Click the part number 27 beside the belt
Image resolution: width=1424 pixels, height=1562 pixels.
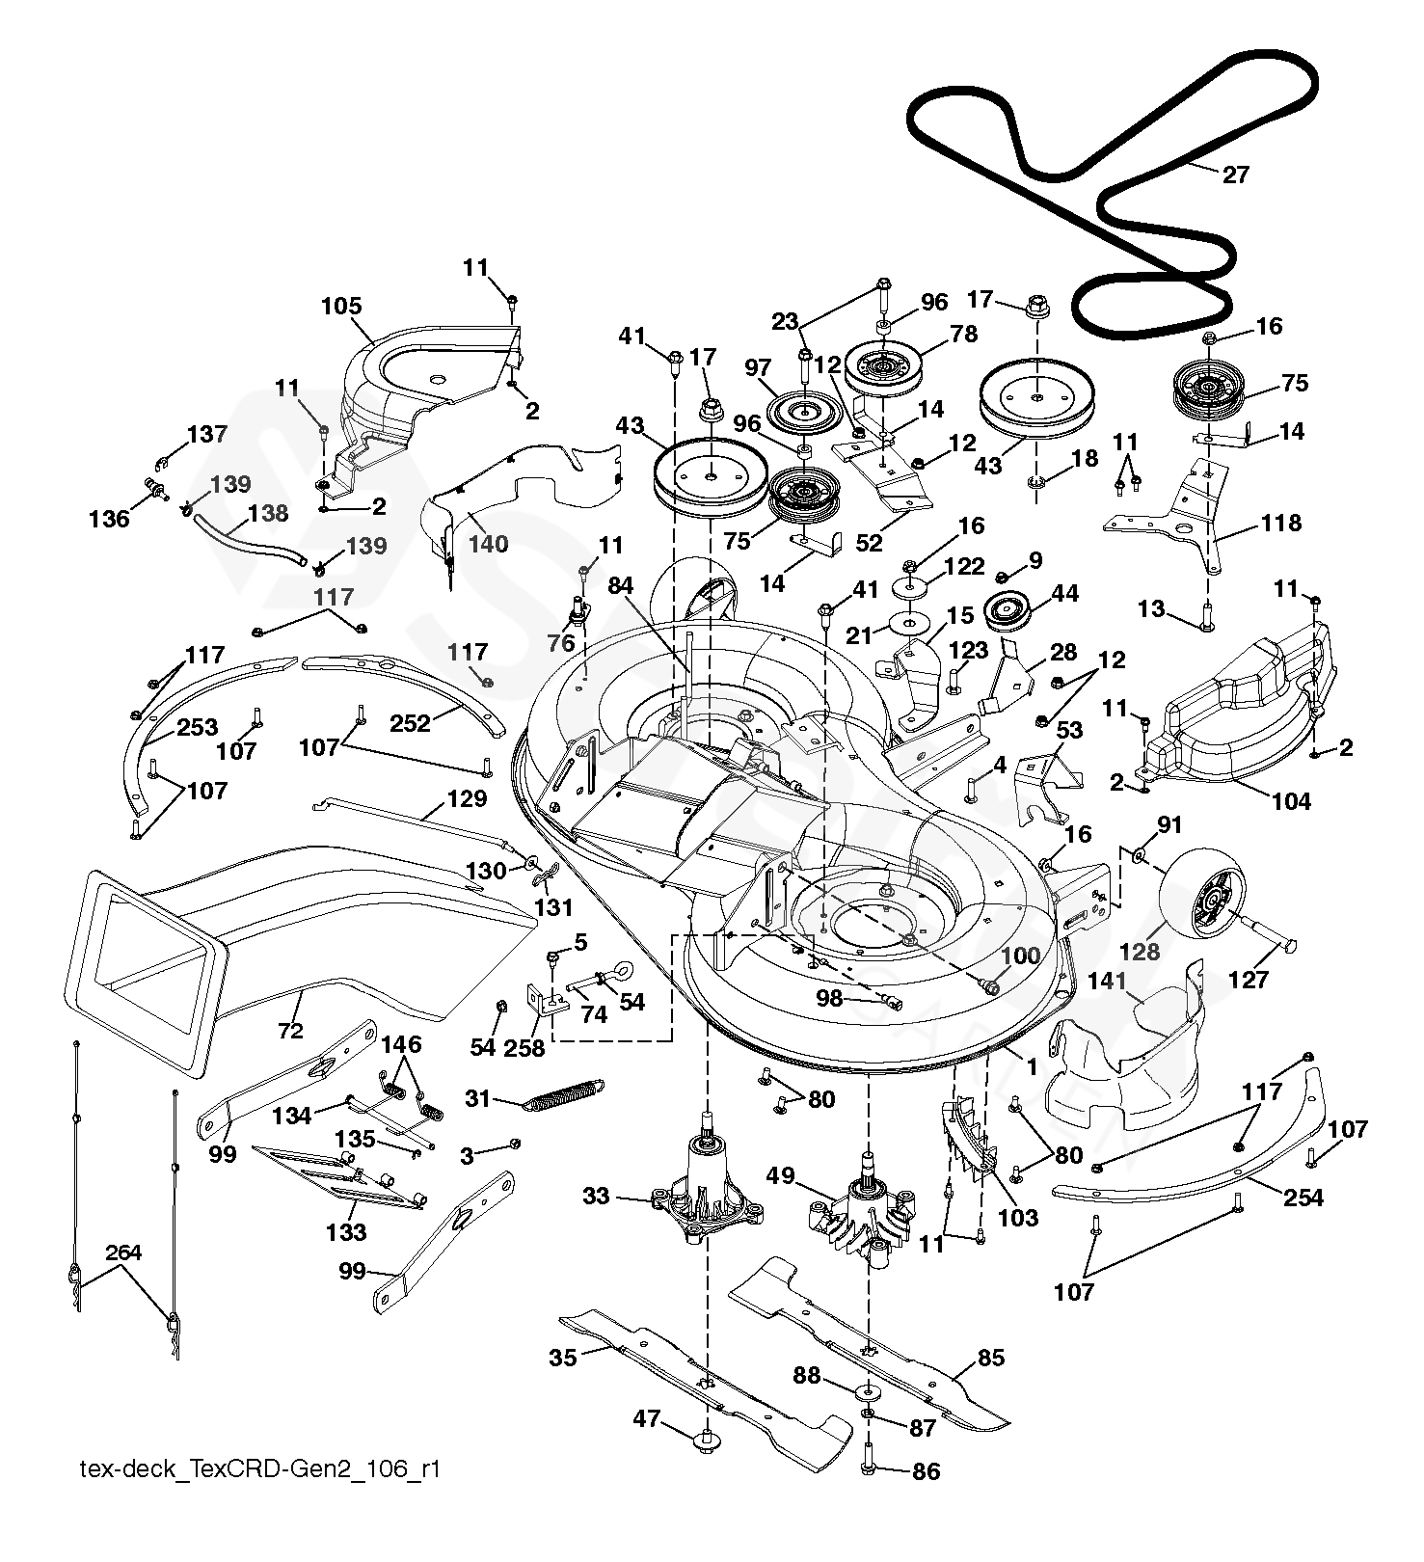[x=1235, y=175]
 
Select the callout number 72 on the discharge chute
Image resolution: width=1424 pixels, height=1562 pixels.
[x=290, y=1031]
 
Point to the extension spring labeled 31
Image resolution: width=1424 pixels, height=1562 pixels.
[x=563, y=1092]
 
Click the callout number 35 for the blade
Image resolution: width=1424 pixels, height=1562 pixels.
[x=563, y=1357]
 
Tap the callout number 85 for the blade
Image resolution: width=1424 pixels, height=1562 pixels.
[x=991, y=1358]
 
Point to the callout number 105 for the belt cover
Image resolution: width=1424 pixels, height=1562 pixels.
[x=341, y=307]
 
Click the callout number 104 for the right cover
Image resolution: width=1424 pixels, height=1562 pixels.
[x=1291, y=800]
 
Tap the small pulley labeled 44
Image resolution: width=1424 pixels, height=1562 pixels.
[x=1008, y=611]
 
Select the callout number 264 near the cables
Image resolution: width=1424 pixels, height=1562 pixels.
[x=123, y=1252]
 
